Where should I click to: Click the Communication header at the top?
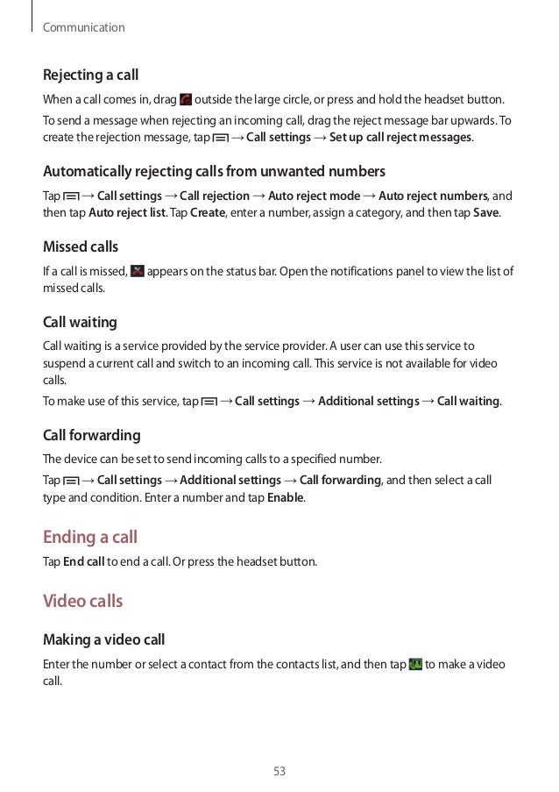coord(84,28)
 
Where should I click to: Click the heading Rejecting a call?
coord(91,75)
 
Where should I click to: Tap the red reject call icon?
coord(185,101)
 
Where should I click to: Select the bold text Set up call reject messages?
coord(400,138)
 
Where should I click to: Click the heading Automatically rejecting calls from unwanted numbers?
coord(214,170)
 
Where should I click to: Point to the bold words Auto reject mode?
coord(314,196)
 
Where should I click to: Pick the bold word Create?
coord(208,213)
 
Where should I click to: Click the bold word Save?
coord(485,213)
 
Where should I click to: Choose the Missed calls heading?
coord(81,246)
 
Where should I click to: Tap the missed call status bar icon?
coord(137,271)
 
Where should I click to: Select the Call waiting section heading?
coord(80,322)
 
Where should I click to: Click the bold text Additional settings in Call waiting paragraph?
coord(368,402)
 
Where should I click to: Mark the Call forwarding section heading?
coord(92,435)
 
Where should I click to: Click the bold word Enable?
coord(285,497)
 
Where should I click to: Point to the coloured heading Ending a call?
coord(90,537)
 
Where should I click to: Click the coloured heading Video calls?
coord(82,602)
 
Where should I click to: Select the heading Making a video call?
coord(104,640)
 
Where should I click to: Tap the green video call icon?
coord(415,665)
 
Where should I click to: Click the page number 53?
coord(279,772)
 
